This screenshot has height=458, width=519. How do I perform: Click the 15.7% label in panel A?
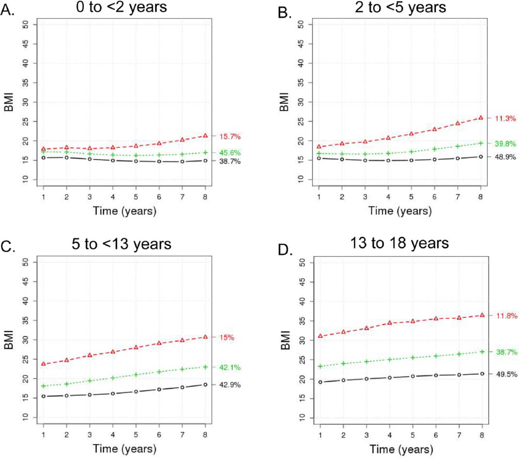[x=230, y=137]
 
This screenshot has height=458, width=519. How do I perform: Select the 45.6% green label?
[x=230, y=153]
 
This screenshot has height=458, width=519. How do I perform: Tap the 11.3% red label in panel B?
[x=506, y=119]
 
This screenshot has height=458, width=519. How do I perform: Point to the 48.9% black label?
[x=506, y=157]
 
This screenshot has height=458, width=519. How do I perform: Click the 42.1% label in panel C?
[x=230, y=367]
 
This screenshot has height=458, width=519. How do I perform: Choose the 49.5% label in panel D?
[x=507, y=374]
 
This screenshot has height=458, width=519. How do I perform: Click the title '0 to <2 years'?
[x=121, y=7]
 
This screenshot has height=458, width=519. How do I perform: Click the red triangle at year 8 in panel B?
[x=481, y=118]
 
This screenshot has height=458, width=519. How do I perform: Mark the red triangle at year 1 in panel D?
[x=320, y=336]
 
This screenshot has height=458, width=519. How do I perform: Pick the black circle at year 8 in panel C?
[x=206, y=385]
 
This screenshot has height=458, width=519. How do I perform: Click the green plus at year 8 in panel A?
[x=206, y=153]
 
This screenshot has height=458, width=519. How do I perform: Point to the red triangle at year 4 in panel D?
[x=390, y=323]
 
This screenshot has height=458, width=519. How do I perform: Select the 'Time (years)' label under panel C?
[x=125, y=448]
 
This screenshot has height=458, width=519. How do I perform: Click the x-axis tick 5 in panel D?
[x=413, y=435]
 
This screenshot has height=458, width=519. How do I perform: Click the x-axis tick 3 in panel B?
[x=365, y=197]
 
